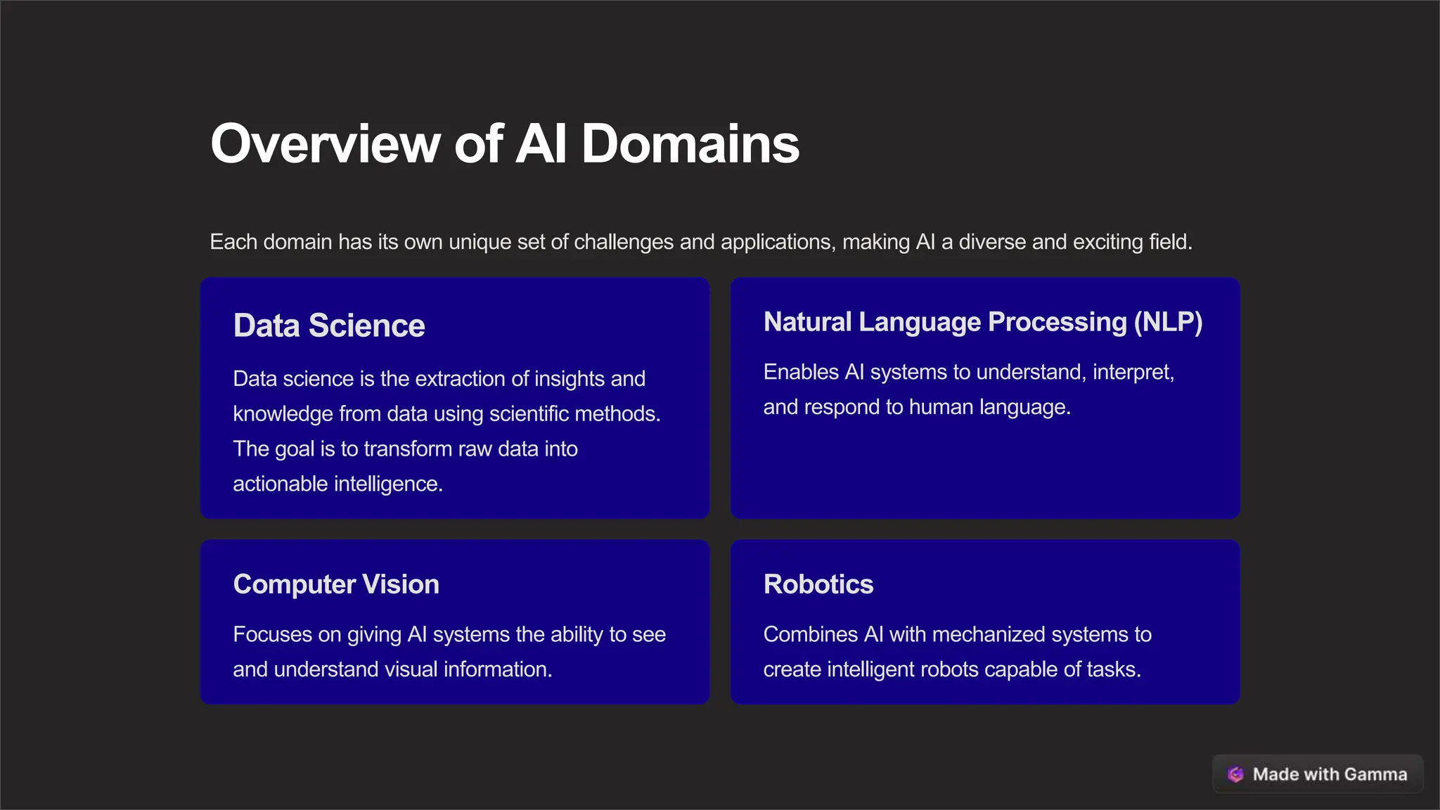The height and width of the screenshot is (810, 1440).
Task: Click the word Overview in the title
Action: pyautogui.click(x=326, y=144)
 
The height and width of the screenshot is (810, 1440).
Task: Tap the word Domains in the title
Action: pyautogui.click(x=690, y=144)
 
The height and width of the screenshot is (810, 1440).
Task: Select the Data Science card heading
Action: pyautogui.click(x=329, y=326)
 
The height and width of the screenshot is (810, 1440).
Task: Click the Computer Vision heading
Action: pyautogui.click(x=336, y=584)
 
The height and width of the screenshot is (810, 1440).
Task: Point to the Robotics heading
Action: pyautogui.click(x=818, y=584)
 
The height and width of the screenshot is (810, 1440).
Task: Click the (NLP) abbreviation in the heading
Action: pyautogui.click(x=1168, y=322)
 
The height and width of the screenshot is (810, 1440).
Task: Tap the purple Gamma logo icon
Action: pyautogui.click(x=1235, y=774)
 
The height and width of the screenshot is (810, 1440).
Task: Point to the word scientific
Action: pyautogui.click(x=529, y=414)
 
